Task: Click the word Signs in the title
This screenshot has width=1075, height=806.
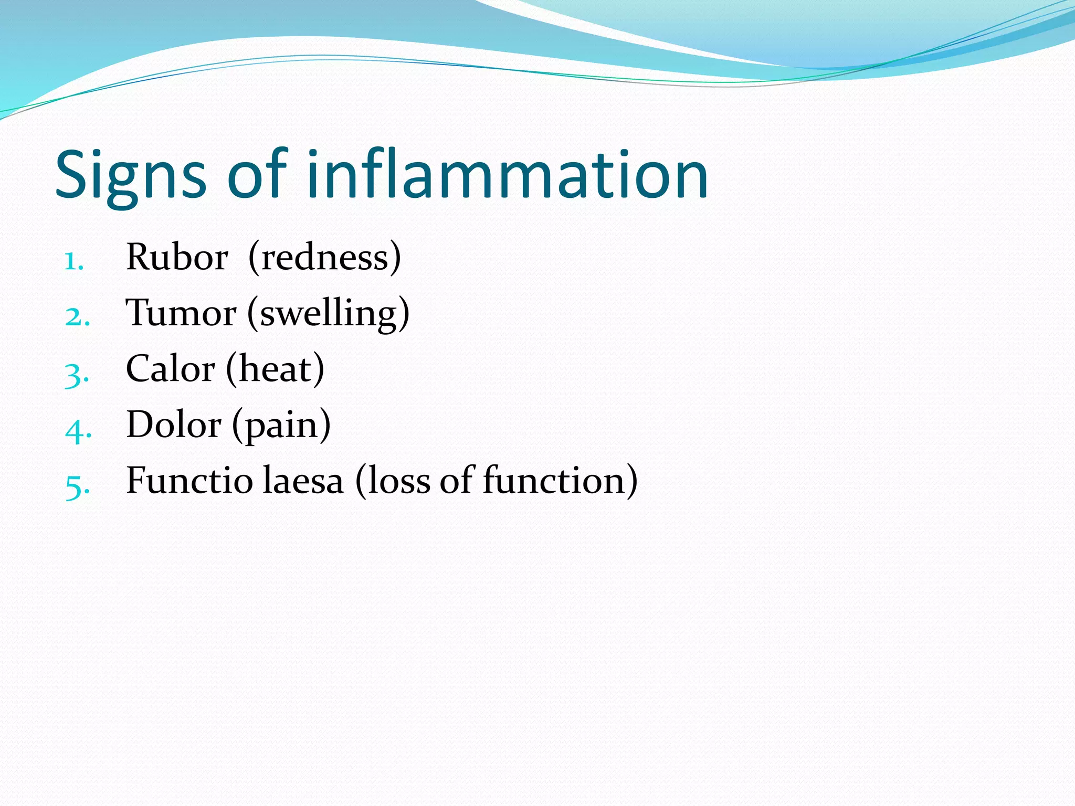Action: coord(131,176)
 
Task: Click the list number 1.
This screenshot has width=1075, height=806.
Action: coord(73,261)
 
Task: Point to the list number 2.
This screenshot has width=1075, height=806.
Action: coord(77,317)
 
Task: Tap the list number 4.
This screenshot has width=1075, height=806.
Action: coord(78,430)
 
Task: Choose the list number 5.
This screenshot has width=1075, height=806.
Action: coord(77,486)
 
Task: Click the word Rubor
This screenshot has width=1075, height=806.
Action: coord(177,257)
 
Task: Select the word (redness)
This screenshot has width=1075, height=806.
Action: coord(324,258)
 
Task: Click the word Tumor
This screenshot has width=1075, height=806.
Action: coord(181,313)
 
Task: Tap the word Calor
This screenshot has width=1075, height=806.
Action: coord(170,369)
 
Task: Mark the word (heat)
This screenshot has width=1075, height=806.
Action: coord(275,369)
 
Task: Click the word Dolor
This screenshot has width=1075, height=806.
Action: coord(174,425)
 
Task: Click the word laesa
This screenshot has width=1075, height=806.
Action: coord(303,481)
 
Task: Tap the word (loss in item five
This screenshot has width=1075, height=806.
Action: coord(393,481)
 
